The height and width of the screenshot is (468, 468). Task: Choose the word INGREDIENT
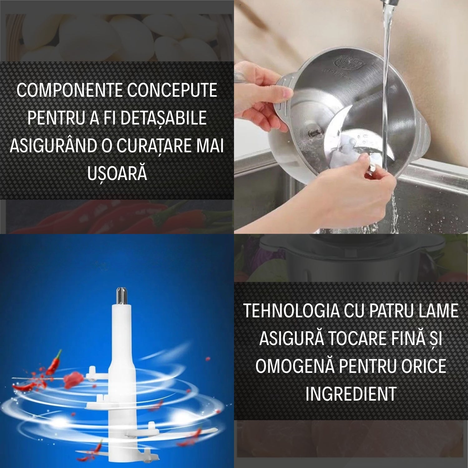351,394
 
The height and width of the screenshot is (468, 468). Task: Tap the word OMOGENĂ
295,366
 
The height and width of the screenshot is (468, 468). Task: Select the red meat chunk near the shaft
73,379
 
